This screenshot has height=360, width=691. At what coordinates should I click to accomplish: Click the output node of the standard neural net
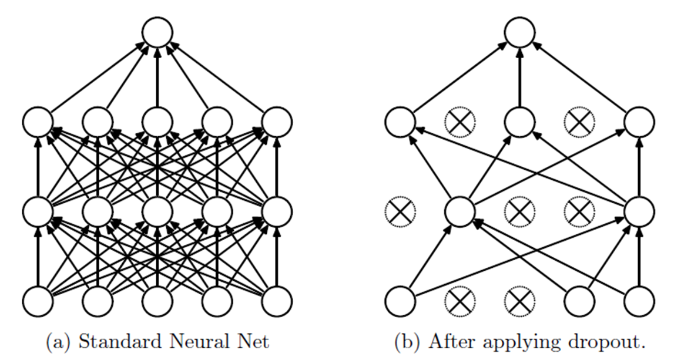coord(157,32)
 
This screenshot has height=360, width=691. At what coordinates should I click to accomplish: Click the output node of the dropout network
coord(519,32)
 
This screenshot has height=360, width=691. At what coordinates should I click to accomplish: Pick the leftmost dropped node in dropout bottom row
coord(459,301)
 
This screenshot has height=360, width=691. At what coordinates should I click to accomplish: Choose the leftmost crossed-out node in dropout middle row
coord(400,211)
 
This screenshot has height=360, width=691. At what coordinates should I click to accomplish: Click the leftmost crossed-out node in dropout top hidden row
coord(459,122)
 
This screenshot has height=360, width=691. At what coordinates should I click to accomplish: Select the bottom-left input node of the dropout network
coord(400,301)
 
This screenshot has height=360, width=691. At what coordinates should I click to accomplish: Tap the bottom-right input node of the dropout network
coord(639,301)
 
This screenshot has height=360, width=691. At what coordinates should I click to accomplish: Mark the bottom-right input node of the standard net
coord(277,301)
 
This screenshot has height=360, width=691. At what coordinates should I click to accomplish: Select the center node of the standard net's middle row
coord(157,211)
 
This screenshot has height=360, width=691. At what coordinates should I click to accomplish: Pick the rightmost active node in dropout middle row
coord(639,211)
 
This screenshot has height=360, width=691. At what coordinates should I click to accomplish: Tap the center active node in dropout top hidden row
coord(519,122)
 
